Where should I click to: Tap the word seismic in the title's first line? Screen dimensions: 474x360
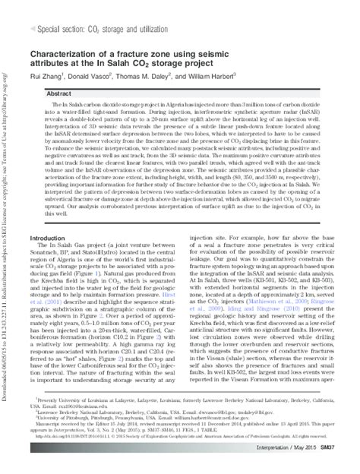pos(268,54)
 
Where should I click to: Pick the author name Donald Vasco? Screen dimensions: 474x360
pos(100,77)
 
